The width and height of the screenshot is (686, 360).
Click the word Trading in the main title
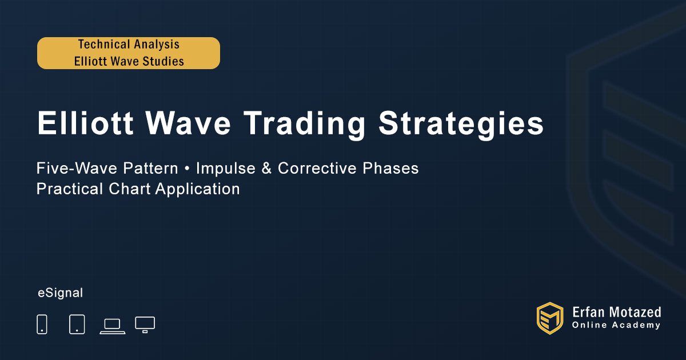304,125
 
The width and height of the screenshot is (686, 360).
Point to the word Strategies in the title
461,125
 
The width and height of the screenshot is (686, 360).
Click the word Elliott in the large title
85,123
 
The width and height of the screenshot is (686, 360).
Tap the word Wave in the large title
188,123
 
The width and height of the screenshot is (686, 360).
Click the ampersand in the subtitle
266,168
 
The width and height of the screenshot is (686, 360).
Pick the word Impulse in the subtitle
226,169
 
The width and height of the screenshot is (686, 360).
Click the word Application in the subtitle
198,189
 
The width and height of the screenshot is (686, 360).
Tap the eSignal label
61,293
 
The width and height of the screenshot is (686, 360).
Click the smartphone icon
42,324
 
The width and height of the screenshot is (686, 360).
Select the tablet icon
77,324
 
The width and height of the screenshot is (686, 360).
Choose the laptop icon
113,326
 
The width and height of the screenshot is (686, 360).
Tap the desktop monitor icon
145,325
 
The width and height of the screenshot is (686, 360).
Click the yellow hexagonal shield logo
550,318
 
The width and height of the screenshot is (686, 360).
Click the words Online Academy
616,325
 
